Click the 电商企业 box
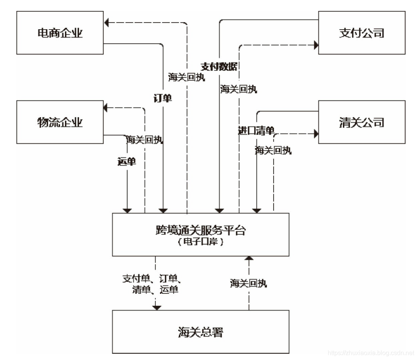point(60,33)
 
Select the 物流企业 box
point(60,122)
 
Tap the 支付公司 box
point(362,33)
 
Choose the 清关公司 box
point(362,122)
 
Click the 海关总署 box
point(200,332)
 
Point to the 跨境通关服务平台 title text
point(200,230)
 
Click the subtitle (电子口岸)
point(200,242)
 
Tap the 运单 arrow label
point(127,162)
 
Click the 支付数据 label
point(219,66)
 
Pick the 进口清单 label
point(256,131)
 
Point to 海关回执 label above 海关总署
point(248,283)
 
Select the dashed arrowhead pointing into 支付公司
point(316,46)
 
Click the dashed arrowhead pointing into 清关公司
point(316,134)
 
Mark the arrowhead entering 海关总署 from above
point(156,307)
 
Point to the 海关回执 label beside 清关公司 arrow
point(273,150)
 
